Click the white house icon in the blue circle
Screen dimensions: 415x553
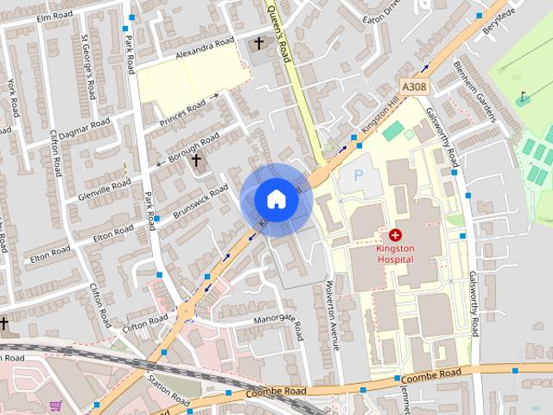[x=276, y=200]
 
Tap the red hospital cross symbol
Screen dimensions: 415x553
[x=397, y=234]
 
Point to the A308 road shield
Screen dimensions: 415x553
[x=414, y=87]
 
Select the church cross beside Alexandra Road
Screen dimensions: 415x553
[x=258, y=43]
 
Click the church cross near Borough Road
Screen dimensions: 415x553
[x=196, y=160]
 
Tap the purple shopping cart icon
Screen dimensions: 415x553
[x=56, y=405]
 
